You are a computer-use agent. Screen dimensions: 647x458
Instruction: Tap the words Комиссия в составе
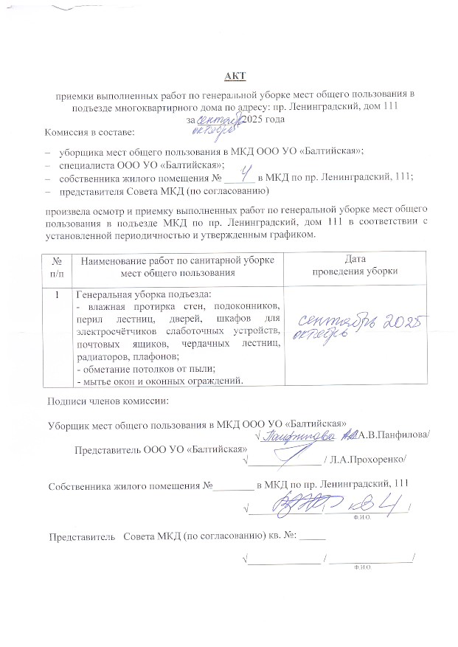point(89,134)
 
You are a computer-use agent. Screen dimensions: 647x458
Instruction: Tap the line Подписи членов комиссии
point(108,401)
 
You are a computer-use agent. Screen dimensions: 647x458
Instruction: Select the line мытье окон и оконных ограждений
point(160,381)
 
